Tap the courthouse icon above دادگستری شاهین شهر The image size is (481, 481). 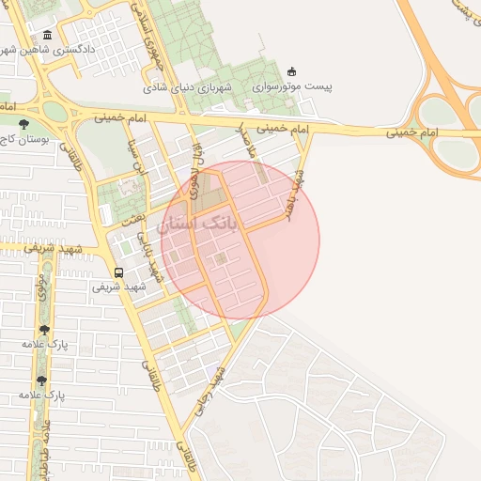click(48, 36)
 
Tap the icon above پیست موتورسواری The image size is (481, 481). click(290, 71)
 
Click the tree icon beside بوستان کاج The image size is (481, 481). click(23, 123)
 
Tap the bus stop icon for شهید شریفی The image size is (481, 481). click(118, 272)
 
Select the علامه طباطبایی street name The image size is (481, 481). click(42, 442)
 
